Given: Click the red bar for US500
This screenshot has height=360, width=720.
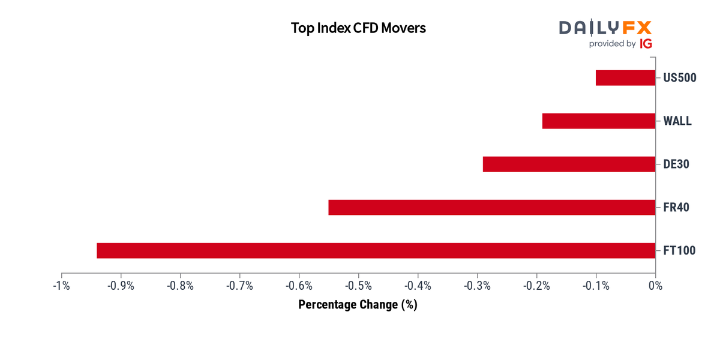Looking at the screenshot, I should pos(625,78).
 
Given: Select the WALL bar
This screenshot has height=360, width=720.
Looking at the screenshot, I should pos(599,121).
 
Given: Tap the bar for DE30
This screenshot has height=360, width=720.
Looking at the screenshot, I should pos(569,164).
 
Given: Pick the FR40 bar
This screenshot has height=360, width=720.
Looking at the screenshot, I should pos(492,208).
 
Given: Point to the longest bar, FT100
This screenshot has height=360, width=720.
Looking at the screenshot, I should pos(376,251).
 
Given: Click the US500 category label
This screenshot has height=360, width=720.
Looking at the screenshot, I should pos(679,78).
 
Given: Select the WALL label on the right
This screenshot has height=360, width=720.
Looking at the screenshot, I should pos(677,121).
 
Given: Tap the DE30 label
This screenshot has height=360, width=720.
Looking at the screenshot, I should pos(676,164).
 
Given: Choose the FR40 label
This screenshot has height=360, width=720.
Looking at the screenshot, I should pos(676,208).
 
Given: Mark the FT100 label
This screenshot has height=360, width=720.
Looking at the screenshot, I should pos(679,251).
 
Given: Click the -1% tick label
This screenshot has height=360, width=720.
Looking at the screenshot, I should pos(61,286).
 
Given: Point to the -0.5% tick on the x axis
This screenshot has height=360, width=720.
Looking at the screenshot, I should pos(358,286).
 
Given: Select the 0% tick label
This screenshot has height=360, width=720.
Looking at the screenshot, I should pos(655,286).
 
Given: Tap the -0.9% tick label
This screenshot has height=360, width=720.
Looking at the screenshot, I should pos(121,286).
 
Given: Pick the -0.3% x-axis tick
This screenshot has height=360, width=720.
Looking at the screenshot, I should pos(477,286).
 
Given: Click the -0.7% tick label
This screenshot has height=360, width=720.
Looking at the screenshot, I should pos(239,286).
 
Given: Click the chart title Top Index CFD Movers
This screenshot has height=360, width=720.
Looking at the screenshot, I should pos(358,28).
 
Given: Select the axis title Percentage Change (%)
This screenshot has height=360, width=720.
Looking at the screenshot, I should pos(358,305).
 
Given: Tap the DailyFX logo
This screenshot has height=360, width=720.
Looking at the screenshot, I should pos(605,28).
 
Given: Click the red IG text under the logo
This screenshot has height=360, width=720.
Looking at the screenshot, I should pos(646,44).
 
